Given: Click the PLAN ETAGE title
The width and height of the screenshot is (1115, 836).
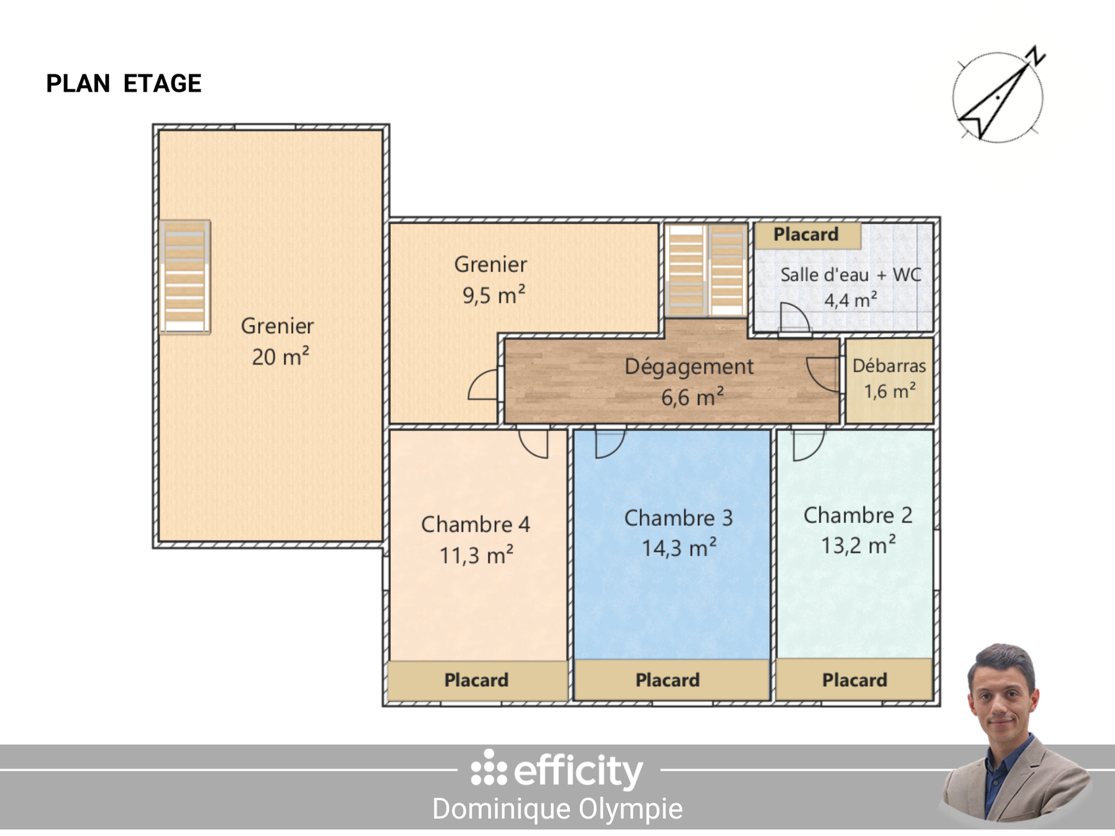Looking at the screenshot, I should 124,84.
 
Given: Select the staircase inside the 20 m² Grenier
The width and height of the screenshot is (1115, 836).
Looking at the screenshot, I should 185,277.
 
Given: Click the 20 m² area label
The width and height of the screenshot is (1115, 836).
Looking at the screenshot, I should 280,357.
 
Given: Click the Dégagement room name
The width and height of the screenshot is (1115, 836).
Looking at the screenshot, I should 689,366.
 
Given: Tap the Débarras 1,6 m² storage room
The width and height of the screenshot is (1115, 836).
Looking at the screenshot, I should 889,379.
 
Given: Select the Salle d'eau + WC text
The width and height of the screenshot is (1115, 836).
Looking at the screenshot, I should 850,275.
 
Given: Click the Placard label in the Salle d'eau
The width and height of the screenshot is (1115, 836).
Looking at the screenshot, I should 806,234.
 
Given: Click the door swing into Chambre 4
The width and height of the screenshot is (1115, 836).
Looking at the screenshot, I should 534,443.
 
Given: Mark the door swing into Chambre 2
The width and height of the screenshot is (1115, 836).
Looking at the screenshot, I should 807,445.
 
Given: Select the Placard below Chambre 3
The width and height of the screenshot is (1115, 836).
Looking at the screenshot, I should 668,680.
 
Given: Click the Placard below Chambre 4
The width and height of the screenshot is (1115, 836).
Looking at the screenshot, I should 477,680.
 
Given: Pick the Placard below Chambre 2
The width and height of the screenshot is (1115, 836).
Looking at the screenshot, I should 855,680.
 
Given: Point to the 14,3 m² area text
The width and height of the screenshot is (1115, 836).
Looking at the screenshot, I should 679,548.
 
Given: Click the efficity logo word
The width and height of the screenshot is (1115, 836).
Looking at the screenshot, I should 578,771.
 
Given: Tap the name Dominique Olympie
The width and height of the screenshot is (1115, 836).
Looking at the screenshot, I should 557,808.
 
